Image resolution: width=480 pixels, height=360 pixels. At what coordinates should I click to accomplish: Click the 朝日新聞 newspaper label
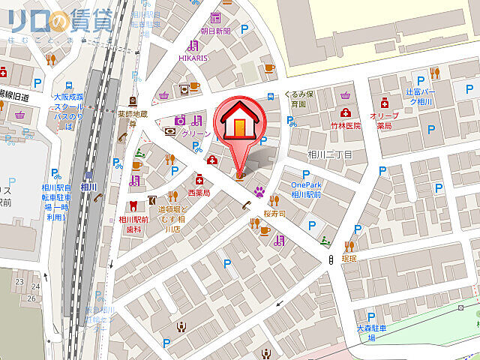(215, 31)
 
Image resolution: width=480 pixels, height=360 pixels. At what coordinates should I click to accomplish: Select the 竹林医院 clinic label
(344, 125)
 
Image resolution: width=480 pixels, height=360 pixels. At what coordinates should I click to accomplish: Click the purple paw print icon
(259, 191)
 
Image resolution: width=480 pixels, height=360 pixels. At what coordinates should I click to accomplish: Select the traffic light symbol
(331, 259)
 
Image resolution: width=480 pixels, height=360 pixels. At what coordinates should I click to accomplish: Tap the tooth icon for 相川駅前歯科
(133, 205)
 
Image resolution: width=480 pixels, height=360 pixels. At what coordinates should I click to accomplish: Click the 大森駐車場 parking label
(370, 333)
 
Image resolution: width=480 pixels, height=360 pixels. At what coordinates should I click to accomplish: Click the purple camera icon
(180, 119)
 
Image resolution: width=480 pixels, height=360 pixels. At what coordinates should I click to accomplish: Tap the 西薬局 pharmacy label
(199, 193)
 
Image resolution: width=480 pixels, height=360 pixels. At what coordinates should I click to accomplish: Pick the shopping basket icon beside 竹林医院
(344, 95)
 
